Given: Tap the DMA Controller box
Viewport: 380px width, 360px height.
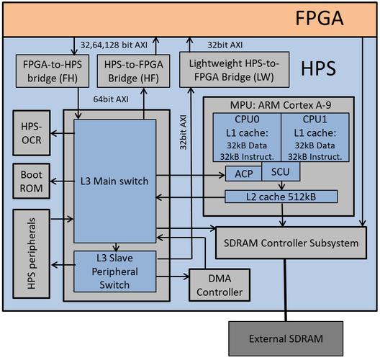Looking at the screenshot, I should tap(217, 285).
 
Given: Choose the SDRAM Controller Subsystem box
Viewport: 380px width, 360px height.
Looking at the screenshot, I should tap(289, 243).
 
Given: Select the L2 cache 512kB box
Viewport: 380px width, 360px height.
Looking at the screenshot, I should tap(281, 196).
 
